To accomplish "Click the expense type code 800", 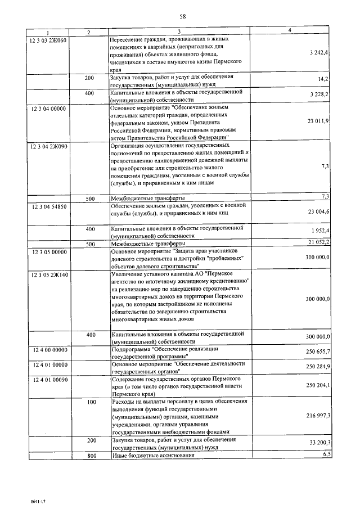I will tap(90, 456).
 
